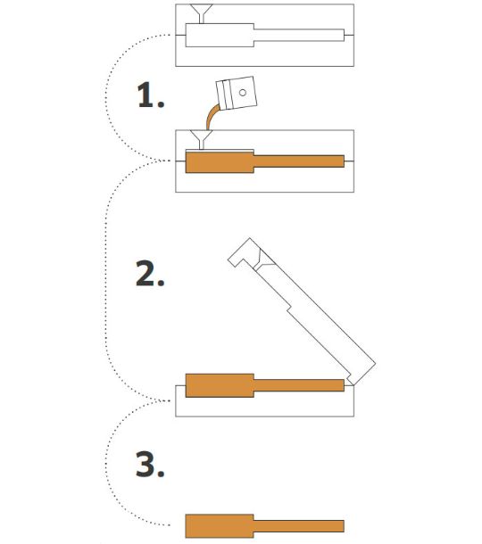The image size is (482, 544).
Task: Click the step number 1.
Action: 151,95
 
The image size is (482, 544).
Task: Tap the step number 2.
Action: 150,273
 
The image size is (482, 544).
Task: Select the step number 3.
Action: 150,464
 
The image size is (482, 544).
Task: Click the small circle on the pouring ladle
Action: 243,92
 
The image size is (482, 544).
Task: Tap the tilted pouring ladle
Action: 237,93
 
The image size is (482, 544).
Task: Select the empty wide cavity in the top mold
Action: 220,35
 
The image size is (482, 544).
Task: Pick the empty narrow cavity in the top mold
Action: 299,35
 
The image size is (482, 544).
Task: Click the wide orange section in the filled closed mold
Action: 220,162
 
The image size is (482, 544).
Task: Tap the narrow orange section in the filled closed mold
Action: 299,161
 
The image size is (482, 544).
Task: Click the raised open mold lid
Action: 302,311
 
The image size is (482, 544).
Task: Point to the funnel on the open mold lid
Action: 263,261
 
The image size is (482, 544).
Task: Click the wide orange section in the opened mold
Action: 220,385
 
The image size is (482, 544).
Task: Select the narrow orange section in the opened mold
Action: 299,385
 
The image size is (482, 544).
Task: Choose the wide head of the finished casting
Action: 220,526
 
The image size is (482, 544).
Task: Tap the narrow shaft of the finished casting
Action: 299,526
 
